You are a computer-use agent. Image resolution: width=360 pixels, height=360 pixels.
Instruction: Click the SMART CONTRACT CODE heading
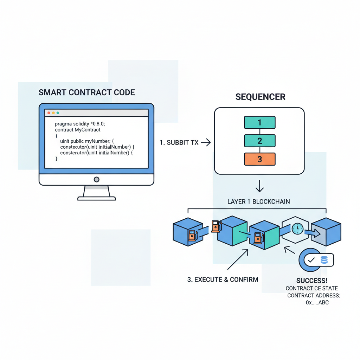click(x=86, y=92)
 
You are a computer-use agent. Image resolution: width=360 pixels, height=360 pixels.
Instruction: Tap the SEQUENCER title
click(x=260, y=97)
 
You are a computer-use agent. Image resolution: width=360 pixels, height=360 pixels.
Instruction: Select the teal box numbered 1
click(x=259, y=122)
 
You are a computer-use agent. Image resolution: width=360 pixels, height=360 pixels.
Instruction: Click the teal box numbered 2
click(x=259, y=141)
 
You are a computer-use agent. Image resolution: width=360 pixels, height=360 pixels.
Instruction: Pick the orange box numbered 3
click(x=259, y=159)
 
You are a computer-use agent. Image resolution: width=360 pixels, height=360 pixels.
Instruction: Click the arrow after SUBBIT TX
click(x=206, y=142)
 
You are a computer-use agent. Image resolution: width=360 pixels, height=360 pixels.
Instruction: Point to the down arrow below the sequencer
click(x=259, y=186)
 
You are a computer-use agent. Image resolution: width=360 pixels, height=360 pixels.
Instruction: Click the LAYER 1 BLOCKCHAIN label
click(x=259, y=201)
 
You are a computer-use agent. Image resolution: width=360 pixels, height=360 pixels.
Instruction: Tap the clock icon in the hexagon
click(x=297, y=229)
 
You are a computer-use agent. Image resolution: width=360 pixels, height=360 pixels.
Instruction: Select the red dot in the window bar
click(x=49, y=113)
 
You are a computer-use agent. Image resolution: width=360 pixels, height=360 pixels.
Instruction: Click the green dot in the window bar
click(x=58, y=113)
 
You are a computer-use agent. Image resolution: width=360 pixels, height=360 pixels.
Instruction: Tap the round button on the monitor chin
click(x=96, y=180)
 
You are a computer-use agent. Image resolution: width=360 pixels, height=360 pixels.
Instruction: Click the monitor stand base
click(x=96, y=199)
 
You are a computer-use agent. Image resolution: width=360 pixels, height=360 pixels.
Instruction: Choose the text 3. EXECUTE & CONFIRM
click(x=223, y=279)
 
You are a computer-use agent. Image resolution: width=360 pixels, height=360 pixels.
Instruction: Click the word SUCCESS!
click(x=312, y=281)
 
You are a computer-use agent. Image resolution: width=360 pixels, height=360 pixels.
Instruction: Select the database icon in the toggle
click(x=324, y=260)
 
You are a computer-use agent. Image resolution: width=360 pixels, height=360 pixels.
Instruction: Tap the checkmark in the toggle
click(x=311, y=261)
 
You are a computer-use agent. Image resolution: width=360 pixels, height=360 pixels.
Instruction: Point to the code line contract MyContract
click(x=78, y=130)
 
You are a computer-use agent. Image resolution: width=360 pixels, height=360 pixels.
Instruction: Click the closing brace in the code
click(x=56, y=159)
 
